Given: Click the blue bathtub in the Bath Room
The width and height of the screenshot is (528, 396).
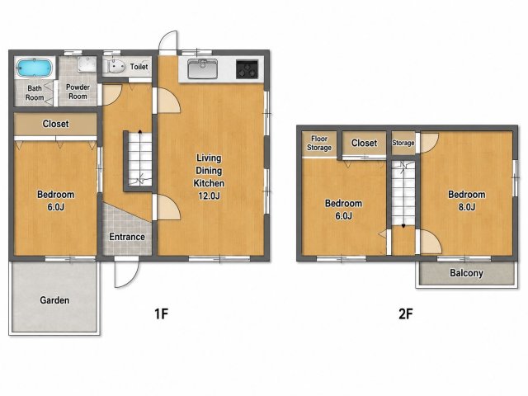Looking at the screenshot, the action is (x=35, y=68).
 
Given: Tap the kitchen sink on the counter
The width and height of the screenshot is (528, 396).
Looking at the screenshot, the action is (x=202, y=68).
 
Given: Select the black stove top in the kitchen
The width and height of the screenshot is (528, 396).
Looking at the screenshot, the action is (x=247, y=69).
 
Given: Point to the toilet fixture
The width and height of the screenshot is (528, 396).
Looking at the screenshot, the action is (x=114, y=66).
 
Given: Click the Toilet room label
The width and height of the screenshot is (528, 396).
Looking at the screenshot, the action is (x=139, y=67).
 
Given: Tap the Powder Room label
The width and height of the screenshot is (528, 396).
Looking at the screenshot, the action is (x=78, y=92).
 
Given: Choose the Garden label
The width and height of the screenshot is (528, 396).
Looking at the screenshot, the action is (x=54, y=300).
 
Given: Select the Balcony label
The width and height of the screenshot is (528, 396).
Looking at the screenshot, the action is (x=466, y=273).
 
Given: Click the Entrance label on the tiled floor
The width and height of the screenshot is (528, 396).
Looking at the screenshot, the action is (x=127, y=237).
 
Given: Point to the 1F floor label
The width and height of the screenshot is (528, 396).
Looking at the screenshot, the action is (x=161, y=313).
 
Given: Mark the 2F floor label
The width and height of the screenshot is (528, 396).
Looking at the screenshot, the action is (x=406, y=313).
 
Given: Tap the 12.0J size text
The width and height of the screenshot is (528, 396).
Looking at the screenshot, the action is (x=209, y=196).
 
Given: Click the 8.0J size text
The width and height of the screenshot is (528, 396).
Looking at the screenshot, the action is (x=467, y=207).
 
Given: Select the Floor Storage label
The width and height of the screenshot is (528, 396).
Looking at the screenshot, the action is (x=319, y=143).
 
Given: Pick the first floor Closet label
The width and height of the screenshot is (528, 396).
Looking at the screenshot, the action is (x=55, y=124).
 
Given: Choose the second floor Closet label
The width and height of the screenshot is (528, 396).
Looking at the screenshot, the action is (x=364, y=143).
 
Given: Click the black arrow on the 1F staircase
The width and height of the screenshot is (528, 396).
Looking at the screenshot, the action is (x=140, y=132).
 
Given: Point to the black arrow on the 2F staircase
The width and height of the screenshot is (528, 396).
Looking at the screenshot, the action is (x=403, y=226).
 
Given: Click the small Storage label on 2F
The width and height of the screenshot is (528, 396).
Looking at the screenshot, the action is (x=403, y=143).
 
